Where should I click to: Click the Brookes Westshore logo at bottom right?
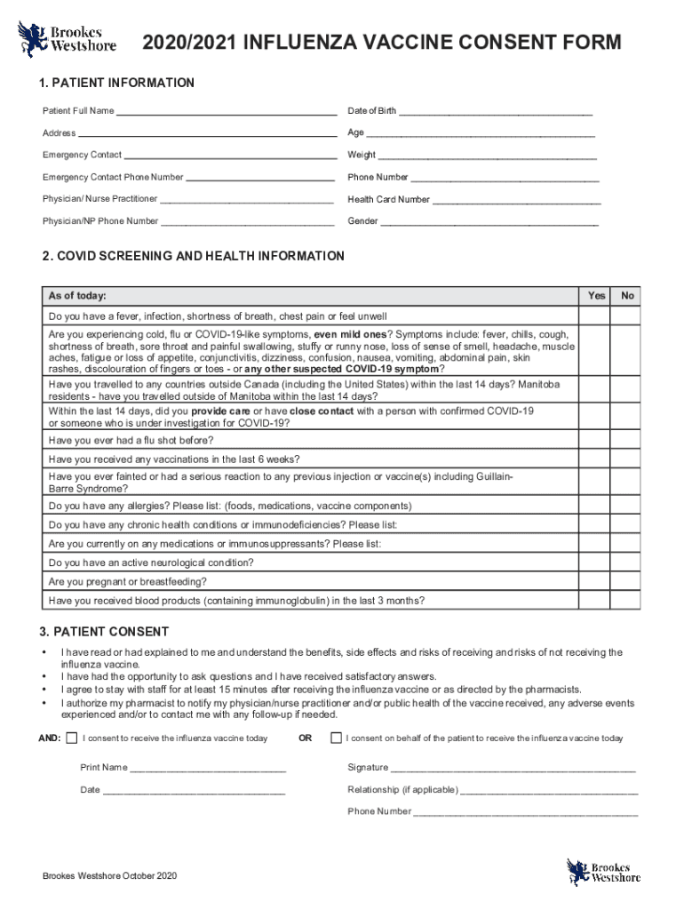pos(603,871)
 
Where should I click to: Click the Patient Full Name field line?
pos(226,112)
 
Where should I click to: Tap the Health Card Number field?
pos(515,201)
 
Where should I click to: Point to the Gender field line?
pos(489,222)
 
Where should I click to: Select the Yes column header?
pos(597,296)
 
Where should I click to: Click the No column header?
pos(628,296)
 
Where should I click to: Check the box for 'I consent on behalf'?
pos(335,738)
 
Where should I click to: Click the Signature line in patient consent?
pos(513,769)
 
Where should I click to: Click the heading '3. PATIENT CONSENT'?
pos(106,632)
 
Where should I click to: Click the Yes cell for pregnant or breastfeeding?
pos(597,582)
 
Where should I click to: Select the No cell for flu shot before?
pos(628,441)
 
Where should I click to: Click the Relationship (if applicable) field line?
pos(548,791)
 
